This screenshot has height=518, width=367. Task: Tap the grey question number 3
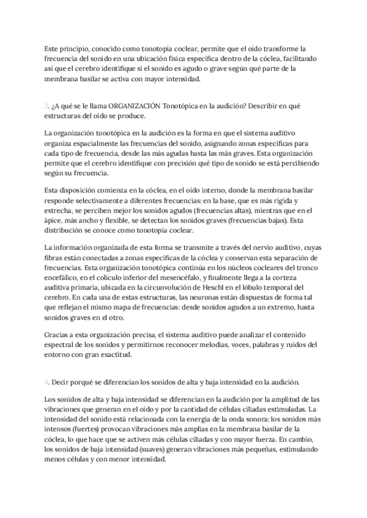click(46, 106)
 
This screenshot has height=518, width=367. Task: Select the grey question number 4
click(46, 382)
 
